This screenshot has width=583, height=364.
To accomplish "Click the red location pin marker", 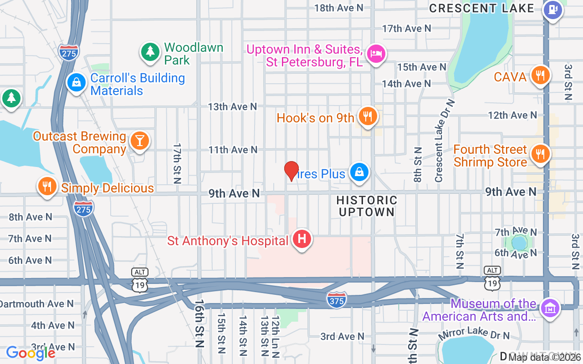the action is (291, 171).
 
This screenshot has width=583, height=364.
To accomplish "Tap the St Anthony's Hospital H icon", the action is (301, 239).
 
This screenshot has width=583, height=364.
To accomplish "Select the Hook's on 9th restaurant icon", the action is (366, 116).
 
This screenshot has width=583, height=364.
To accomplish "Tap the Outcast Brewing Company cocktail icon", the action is (139, 141).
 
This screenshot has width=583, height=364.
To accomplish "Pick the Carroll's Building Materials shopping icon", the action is (77, 83).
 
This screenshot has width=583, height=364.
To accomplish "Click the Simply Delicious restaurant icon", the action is (46, 186).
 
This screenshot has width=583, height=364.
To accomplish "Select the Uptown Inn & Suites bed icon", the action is (376, 54).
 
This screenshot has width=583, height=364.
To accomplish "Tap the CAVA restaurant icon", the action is (540, 76).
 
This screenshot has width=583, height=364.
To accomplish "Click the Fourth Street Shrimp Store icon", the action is (540, 154).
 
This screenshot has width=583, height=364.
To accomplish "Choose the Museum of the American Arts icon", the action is (550, 308).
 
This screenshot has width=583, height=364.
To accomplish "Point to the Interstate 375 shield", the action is (336, 299).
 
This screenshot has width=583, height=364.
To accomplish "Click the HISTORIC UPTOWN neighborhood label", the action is (367, 206).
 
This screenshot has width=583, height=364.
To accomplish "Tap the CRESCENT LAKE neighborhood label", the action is (481, 8).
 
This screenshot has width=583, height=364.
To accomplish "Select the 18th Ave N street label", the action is (339, 8).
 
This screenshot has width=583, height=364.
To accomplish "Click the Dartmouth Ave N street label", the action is (36, 303).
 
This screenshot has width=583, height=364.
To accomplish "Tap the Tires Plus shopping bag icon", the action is (359, 172).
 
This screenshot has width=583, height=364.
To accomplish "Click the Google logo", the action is (31, 353).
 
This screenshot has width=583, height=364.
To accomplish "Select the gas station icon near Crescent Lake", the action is (552, 10).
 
